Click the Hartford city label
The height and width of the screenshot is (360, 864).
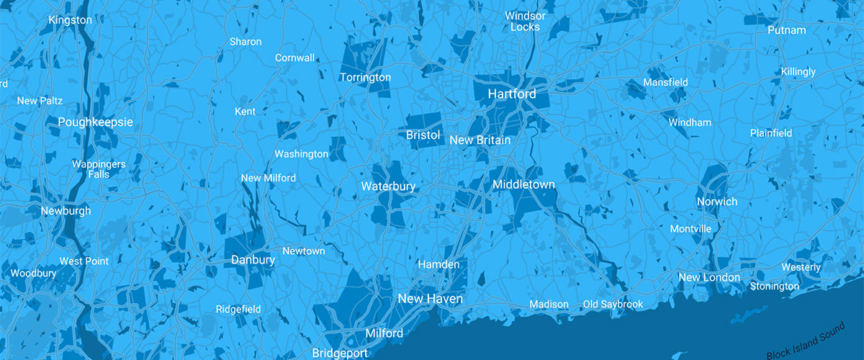coord(512,94)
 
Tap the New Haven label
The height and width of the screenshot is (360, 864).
coord(431,298)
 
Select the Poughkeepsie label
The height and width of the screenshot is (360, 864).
coord(96,122)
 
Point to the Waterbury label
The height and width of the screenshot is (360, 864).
coord(388,186)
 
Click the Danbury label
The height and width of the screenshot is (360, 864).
coord(253,260)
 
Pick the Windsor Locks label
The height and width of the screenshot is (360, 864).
coord(526,21)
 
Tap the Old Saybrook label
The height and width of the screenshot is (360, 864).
coord(613,305)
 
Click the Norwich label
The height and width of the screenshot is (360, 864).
coord(717,202)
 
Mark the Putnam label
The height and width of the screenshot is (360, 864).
coord(786,30)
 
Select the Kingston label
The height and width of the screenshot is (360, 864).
coord(71,20)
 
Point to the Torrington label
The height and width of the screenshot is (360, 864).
coord(365,78)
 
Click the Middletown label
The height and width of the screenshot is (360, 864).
coord(523,185)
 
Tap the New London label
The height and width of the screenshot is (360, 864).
coord(709,278)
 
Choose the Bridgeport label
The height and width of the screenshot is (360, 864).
coord(341,353)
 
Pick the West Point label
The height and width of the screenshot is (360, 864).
coord(84,261)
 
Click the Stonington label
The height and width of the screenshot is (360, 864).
coord(774,287)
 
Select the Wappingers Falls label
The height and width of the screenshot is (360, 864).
coord(99,169)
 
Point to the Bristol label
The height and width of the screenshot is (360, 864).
coord(423,135)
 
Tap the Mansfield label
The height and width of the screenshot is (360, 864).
coord(665,82)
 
